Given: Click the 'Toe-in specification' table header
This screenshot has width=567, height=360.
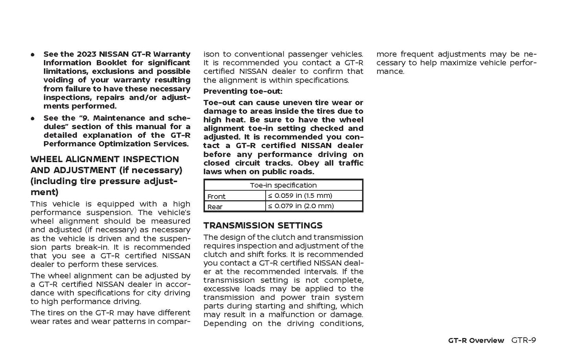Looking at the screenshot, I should (283, 185).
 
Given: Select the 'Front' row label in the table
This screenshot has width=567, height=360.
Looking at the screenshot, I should (216, 196).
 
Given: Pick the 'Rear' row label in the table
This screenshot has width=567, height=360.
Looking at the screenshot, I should (215, 206).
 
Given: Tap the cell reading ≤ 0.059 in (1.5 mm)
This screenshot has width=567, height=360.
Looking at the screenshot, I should (300, 196).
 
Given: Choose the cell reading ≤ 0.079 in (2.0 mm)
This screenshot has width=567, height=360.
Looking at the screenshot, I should (301, 206).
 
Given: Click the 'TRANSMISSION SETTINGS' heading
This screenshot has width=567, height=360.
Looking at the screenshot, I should (263, 225).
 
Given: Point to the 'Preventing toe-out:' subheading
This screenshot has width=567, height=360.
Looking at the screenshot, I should (242, 91).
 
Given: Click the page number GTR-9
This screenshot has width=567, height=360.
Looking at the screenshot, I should (523, 340).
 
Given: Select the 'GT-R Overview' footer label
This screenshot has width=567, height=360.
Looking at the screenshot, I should (476, 340).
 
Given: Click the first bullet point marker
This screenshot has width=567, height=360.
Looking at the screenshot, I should (33, 55).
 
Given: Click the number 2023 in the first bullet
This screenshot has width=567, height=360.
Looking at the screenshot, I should (87, 54).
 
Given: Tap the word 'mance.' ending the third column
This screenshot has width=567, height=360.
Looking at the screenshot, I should (390, 71).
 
